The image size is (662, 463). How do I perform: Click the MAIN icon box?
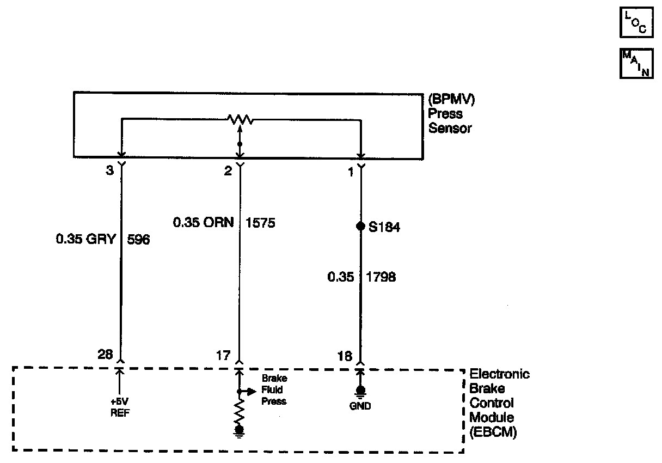636,64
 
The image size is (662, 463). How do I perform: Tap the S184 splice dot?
360,226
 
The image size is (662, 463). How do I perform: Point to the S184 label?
384,227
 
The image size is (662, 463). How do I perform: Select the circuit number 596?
138,239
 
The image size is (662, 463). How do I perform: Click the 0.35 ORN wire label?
203,222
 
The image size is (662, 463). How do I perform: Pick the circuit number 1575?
261,222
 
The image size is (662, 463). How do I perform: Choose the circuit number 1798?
381,277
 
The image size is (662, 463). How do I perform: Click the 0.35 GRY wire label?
86,239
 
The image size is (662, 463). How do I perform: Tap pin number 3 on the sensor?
110,171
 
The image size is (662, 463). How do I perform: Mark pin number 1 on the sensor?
351,172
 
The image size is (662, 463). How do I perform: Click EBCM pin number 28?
106,355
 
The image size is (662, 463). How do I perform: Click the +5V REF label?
120,408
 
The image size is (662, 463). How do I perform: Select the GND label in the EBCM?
360,406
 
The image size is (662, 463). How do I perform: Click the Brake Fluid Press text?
274,390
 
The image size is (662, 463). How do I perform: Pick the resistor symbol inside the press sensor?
240,119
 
